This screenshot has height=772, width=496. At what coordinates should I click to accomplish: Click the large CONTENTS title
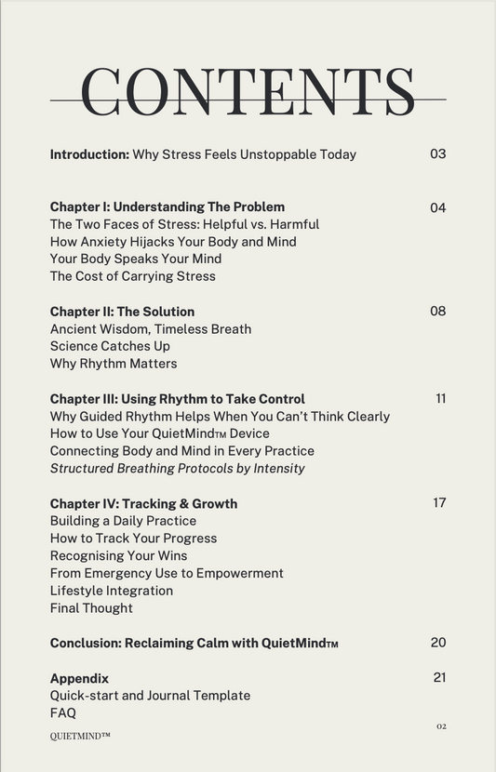[x=248, y=93]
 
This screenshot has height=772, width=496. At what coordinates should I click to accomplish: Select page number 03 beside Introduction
[x=438, y=153]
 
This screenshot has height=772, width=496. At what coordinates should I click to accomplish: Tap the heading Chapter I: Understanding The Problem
[x=168, y=206]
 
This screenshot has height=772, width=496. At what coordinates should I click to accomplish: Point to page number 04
[x=438, y=207]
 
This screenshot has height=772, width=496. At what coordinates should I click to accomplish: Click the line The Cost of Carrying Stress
[x=133, y=276]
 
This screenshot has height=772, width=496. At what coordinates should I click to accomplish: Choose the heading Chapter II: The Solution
[x=122, y=312]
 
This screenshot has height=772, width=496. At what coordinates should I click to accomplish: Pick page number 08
[x=438, y=311]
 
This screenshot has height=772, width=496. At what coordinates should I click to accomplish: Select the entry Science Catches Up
[x=110, y=346]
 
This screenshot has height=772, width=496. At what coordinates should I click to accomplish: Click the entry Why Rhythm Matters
[x=114, y=364]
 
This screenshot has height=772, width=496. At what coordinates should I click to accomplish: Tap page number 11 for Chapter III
[x=440, y=398]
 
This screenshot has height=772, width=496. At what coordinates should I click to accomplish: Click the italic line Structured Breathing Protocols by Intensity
[x=178, y=468]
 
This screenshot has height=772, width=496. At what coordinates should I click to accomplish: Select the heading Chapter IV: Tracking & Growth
[x=143, y=503]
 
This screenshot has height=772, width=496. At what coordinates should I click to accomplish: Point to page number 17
[x=439, y=502]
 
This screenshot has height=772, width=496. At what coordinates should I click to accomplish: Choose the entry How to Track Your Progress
[x=133, y=539]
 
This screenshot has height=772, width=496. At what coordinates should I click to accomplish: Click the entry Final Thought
[x=91, y=608]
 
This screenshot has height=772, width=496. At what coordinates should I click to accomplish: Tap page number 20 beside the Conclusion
[x=438, y=642]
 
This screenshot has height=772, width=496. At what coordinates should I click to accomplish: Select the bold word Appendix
[x=79, y=678]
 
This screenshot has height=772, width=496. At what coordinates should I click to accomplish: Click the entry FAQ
[x=63, y=713]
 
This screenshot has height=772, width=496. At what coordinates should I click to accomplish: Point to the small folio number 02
[x=441, y=726]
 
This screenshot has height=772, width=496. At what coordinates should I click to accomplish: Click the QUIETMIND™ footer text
[x=80, y=736]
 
